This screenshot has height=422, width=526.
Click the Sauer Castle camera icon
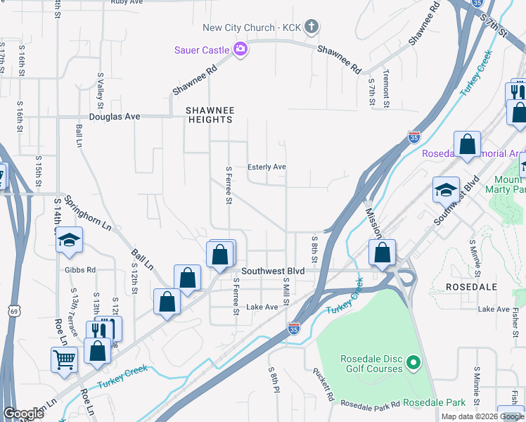coord(240,49)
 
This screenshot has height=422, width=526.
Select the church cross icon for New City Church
coord(312,27)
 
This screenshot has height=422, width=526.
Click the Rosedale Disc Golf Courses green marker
coord(414,364)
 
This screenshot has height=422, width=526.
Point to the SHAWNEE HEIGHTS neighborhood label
coord(209,115)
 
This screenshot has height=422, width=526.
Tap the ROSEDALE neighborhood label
coord(471,287)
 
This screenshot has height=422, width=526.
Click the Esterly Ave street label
coord(267,167)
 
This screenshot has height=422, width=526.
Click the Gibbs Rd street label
coord(81,269)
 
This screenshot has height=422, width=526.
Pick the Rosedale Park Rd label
coord(370,404)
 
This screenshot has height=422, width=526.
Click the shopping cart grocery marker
coord(64,359)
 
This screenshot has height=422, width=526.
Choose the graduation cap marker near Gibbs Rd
coord(69,241)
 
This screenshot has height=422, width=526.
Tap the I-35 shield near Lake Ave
coord(295,328)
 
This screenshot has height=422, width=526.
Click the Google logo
coord(23,414)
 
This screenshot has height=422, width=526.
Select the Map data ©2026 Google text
coord(482,416)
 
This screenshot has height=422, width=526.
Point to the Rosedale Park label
coord(440,402)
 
